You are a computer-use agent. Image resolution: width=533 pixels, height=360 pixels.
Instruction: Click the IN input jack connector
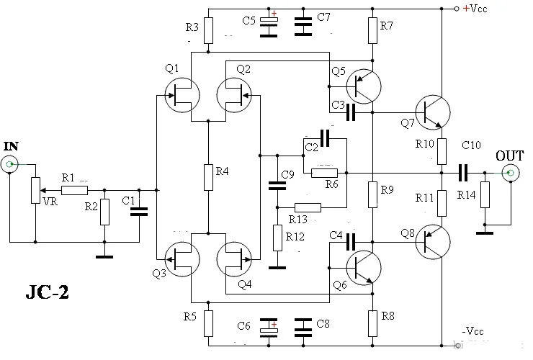10,165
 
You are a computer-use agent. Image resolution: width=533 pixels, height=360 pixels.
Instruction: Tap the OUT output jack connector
510,173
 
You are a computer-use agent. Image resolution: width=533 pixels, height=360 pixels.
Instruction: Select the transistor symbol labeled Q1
182,95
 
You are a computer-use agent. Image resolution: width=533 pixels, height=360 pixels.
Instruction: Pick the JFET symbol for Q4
234,259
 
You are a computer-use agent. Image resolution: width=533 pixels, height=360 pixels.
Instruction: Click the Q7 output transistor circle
433,112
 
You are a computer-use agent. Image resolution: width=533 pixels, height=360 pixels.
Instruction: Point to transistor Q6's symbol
364,268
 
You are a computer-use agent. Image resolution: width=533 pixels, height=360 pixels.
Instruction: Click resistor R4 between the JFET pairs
208,177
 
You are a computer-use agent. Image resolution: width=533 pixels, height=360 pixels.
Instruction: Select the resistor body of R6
325,173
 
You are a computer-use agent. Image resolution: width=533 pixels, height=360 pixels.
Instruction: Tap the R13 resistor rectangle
308,207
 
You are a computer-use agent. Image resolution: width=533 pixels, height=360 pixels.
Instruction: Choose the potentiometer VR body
36,190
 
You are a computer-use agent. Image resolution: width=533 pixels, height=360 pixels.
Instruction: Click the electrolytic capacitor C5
269,24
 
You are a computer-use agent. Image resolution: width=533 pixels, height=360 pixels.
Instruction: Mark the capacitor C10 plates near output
463,173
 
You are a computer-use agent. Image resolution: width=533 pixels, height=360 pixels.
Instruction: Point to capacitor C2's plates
325,138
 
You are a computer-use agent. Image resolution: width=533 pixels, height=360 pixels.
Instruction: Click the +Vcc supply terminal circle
457,9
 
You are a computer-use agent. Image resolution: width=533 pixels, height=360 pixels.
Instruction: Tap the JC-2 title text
48,292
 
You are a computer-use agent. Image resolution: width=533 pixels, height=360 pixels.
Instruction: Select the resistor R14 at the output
485,195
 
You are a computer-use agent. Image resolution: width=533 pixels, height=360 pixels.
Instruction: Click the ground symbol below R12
277,268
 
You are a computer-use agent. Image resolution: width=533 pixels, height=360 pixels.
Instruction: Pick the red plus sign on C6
274,324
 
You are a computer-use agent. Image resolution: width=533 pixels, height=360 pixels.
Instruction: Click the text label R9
387,189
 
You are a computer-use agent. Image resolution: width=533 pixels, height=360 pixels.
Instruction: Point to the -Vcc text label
472,330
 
